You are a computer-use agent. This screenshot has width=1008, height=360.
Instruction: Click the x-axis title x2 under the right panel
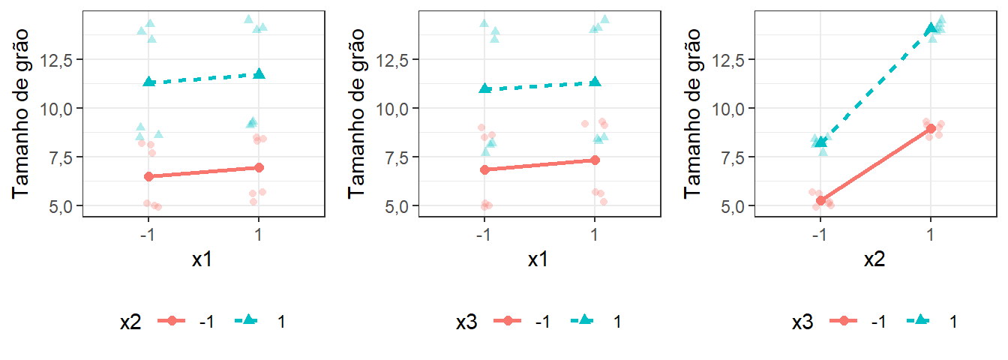tap(874, 259)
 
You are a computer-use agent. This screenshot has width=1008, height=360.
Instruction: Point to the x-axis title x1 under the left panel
tap(202, 259)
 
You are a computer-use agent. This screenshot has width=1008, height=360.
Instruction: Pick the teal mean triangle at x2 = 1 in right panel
tap(931, 28)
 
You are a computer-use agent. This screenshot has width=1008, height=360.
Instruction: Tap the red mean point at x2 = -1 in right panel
tap(820, 200)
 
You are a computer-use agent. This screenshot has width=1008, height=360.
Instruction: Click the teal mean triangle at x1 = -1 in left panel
tap(148, 81)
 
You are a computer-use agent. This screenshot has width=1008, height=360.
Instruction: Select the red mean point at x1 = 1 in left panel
tap(259, 167)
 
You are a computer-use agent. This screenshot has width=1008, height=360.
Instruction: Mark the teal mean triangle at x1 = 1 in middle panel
tap(595, 81)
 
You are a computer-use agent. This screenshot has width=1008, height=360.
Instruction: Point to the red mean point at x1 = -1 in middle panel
tap(484, 169)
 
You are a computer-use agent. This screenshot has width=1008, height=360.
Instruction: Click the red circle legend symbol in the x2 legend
tap(172, 321)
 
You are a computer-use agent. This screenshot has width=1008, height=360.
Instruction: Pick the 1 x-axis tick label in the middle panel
tap(595, 233)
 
